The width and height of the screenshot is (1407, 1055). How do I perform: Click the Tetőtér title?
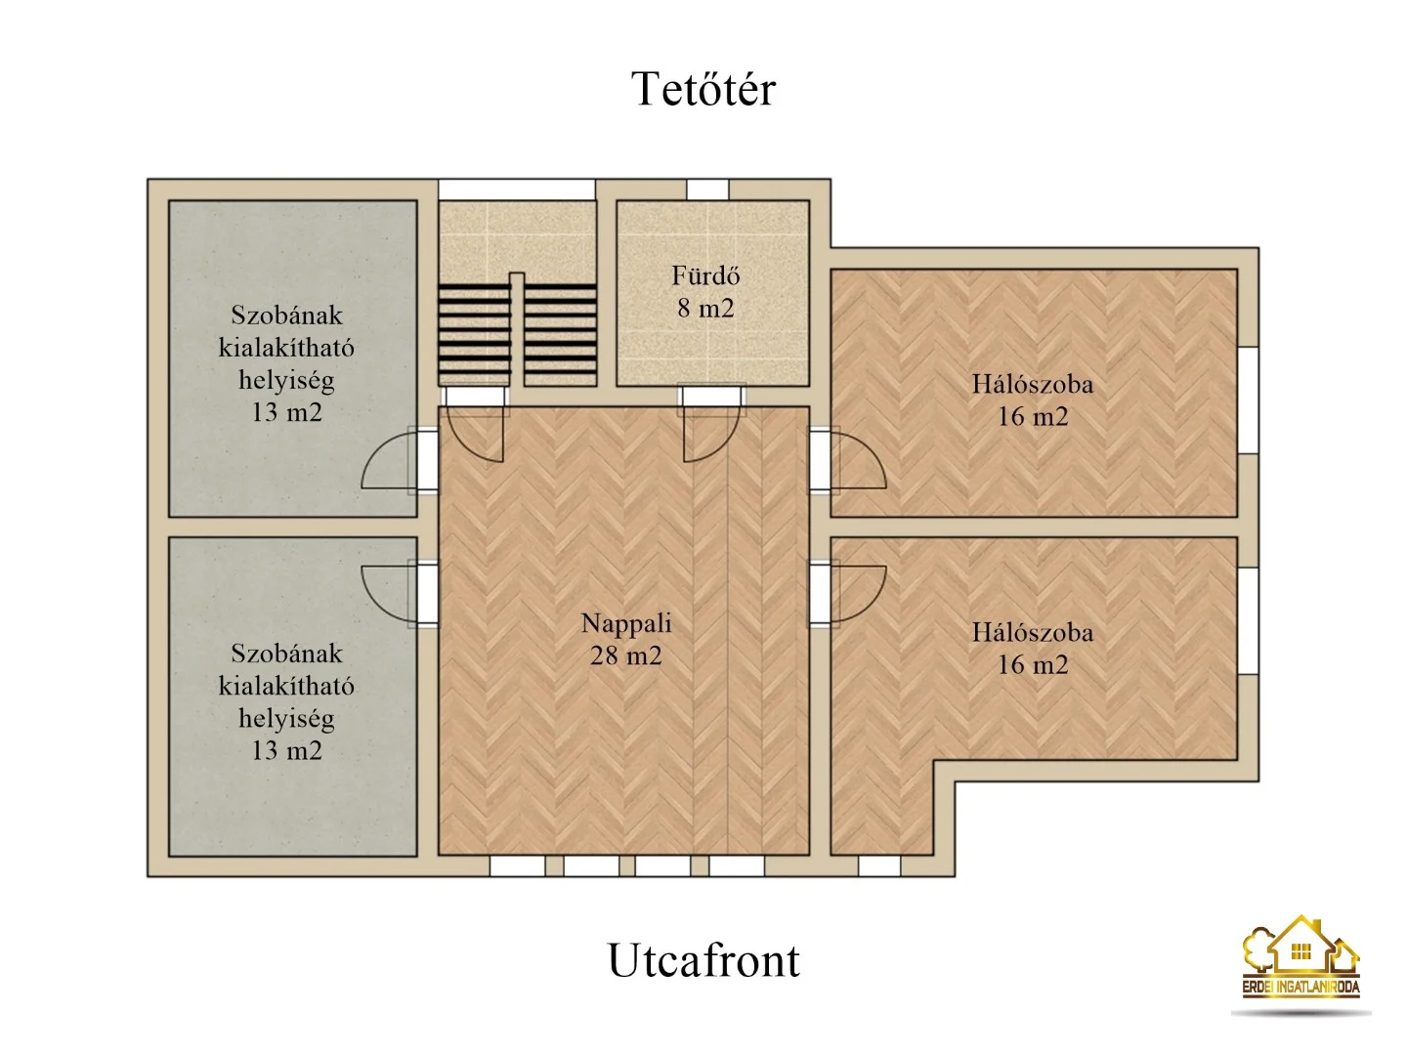[x=703, y=89]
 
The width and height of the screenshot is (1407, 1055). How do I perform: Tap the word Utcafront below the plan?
[x=703, y=961]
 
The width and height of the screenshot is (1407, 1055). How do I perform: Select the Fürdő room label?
[x=705, y=276]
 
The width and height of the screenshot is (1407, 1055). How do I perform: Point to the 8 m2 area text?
[x=705, y=309]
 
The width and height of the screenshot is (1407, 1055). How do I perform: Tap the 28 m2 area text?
[x=626, y=655]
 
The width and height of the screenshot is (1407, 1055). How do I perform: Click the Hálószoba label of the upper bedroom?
[x=1033, y=384]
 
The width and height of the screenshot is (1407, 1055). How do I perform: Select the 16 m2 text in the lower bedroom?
[x=1033, y=665]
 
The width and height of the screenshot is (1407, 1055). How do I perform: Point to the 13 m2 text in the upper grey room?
[x=286, y=412]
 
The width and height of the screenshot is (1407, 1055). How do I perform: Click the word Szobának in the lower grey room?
[x=286, y=654]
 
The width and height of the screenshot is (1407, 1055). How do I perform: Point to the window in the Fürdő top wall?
[x=707, y=190]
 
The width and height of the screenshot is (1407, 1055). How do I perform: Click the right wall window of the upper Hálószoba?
[x=1248, y=401]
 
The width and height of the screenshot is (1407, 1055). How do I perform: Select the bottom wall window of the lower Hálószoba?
[x=879, y=866]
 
